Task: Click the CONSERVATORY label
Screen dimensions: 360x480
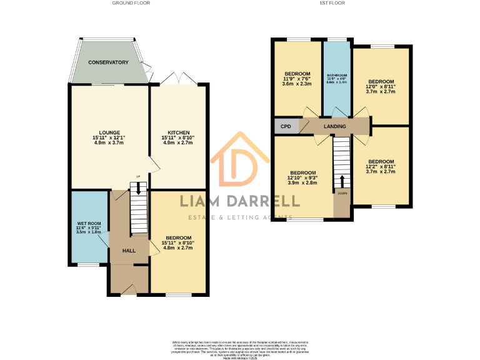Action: [108, 62]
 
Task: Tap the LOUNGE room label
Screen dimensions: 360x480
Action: [109, 132]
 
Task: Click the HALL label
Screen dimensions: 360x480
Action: [129, 251]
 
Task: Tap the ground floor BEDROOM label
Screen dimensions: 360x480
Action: [178, 237]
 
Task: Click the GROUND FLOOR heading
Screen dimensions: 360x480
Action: [131, 3]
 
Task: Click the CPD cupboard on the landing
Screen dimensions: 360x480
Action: [286, 126]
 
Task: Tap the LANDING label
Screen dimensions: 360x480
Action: [335, 126]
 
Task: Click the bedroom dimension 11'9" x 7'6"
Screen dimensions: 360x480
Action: [297, 78]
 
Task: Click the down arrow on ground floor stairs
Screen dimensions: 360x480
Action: [139, 188]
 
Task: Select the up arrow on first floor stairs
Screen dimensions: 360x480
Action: [342, 181]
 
